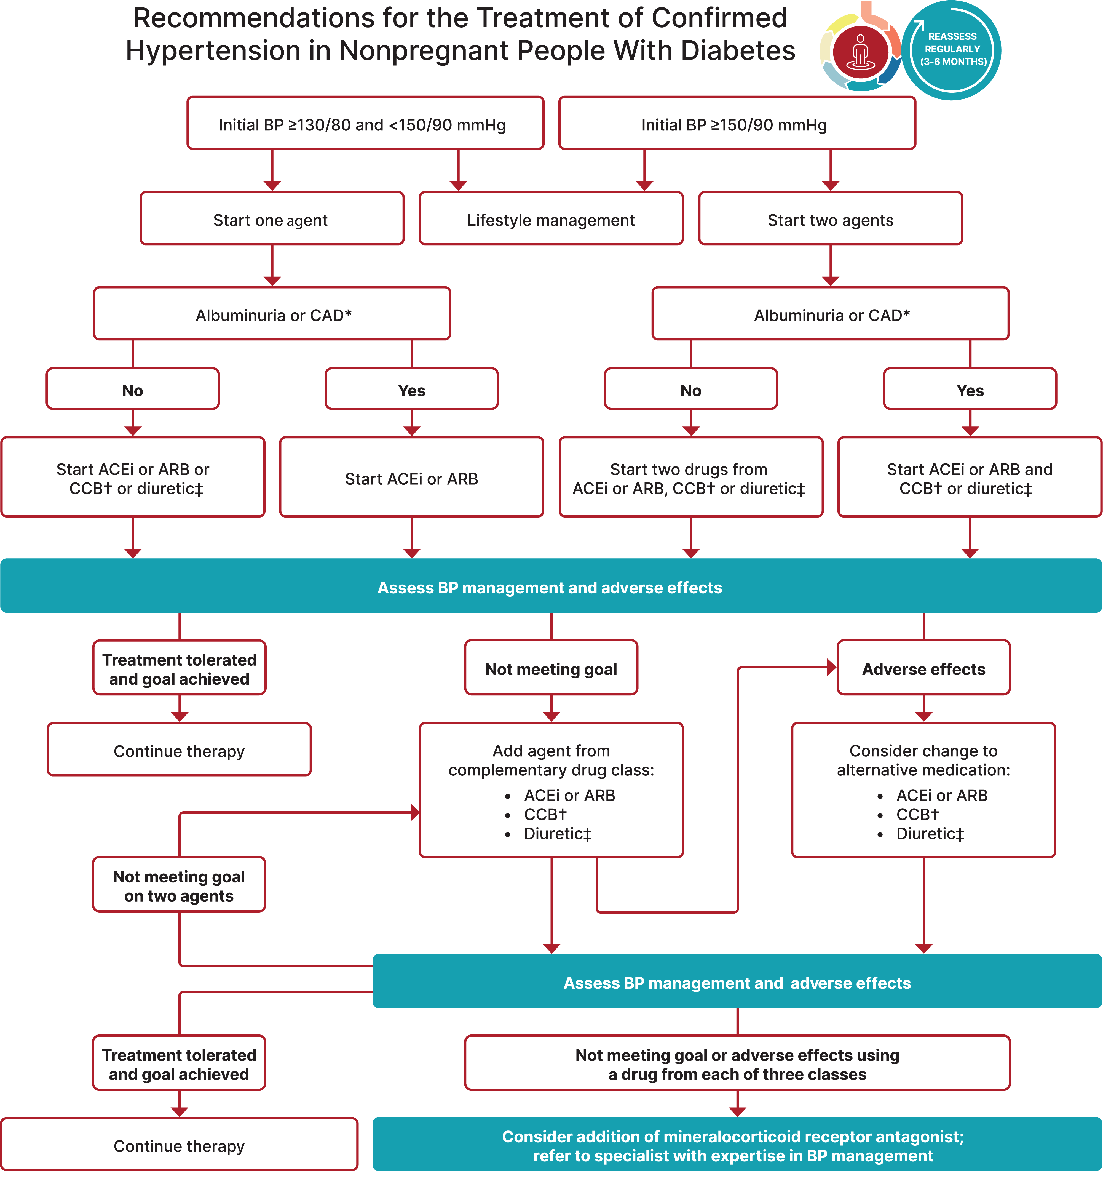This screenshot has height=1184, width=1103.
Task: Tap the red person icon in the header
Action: (860, 51)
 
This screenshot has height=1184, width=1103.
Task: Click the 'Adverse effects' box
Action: (923, 668)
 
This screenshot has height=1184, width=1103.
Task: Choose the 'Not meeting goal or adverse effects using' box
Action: (737, 1064)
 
